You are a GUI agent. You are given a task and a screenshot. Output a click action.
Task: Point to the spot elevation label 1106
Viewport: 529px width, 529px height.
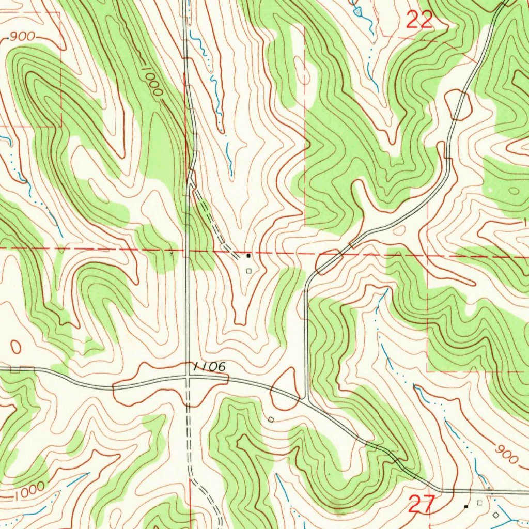click(x=210, y=367)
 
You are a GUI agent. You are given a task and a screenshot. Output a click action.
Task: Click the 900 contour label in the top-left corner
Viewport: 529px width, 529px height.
click(x=22, y=37)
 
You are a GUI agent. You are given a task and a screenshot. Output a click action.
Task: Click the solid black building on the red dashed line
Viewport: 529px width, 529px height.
click(x=248, y=255)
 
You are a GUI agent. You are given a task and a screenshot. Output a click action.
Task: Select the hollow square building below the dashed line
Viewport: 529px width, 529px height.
click(x=248, y=270)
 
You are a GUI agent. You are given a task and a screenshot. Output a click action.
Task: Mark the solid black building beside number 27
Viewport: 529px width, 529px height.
click(x=466, y=507)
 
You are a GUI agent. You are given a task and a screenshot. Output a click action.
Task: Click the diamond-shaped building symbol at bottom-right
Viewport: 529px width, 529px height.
click(x=496, y=515)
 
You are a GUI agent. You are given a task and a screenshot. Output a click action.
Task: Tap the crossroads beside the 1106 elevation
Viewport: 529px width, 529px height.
click(x=188, y=379)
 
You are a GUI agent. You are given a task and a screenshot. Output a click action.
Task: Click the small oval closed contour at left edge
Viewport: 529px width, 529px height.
click(x=15, y=346)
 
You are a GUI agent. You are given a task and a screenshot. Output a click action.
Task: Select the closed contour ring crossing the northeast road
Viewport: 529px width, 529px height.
click(x=458, y=103)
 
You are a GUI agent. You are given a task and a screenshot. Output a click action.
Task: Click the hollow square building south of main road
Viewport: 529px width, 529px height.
click(x=271, y=419)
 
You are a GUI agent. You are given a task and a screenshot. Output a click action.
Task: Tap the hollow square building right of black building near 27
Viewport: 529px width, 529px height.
click(x=479, y=502)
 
